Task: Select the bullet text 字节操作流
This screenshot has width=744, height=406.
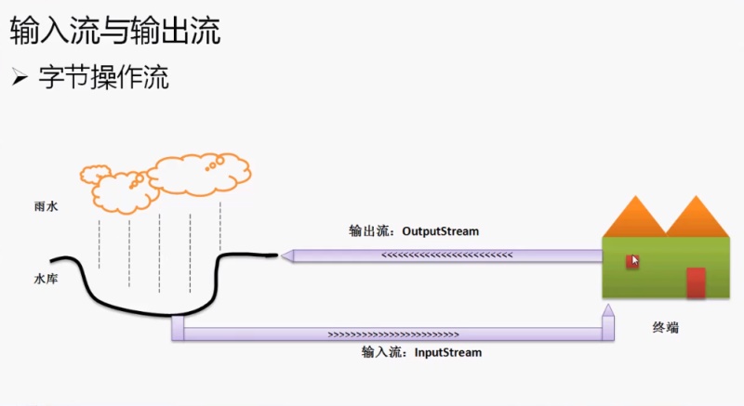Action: (x=103, y=77)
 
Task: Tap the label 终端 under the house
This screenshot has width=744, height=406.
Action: (x=665, y=328)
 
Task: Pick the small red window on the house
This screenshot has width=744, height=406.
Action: (x=631, y=261)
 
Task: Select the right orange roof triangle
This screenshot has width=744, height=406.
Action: (x=697, y=218)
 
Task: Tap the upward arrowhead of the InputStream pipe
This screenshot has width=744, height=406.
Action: (x=607, y=311)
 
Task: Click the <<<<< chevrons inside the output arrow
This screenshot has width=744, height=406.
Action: (x=446, y=254)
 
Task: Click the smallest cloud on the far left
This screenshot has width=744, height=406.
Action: (x=96, y=172)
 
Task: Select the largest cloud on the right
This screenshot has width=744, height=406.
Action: (x=199, y=172)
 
